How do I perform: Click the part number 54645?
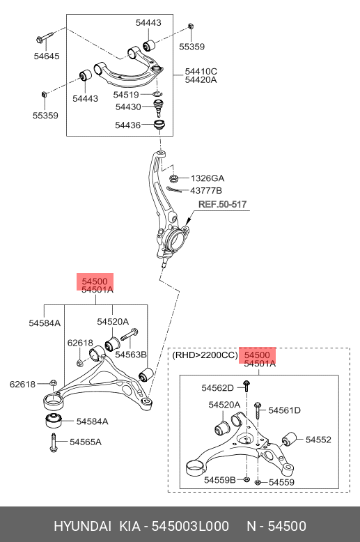click(47, 56)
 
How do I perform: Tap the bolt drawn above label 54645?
click(44, 38)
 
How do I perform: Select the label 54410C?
click(201, 71)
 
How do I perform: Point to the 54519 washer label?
click(126, 94)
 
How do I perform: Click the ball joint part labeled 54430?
click(158, 107)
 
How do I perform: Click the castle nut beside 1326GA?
click(173, 178)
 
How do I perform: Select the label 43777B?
click(206, 190)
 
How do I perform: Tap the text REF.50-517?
click(223, 204)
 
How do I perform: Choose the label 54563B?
click(131, 355)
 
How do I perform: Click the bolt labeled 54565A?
click(54, 442)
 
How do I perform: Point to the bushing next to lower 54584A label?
click(54, 419)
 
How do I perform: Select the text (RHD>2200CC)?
click(205, 355)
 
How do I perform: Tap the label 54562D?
click(218, 388)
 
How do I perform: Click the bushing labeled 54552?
click(289, 439)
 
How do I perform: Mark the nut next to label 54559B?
click(246, 479)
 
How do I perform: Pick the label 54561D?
click(284, 410)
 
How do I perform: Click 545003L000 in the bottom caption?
click(190, 526)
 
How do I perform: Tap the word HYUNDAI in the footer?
click(83, 526)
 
